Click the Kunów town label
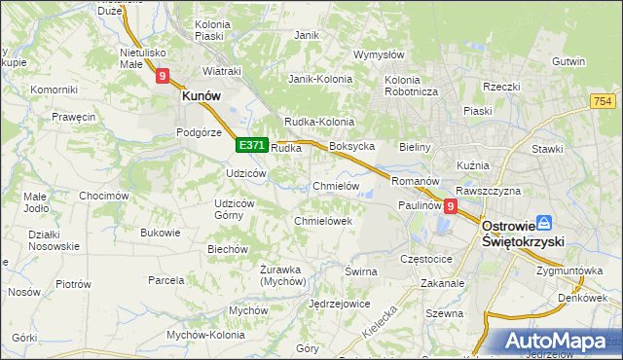pyautogui.click(x=200, y=97)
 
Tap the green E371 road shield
pyautogui.click(x=251, y=145)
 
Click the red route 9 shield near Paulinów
pyautogui.click(x=450, y=206)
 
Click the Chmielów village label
pyautogui.click(x=337, y=186)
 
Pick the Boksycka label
pyautogui.click(x=352, y=146)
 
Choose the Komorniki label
pyautogui.click(x=54, y=90)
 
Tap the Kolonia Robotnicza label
pyautogui.click(x=413, y=86)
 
